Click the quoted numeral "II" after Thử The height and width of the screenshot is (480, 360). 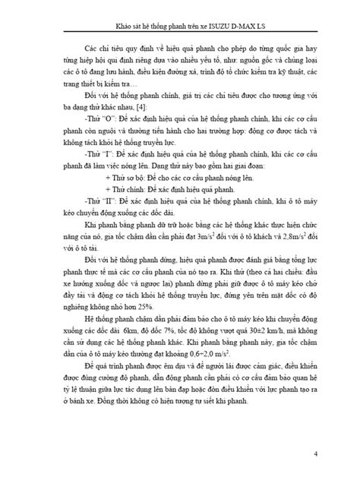pos(114,226)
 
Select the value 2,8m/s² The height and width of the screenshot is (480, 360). pos(293,257)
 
